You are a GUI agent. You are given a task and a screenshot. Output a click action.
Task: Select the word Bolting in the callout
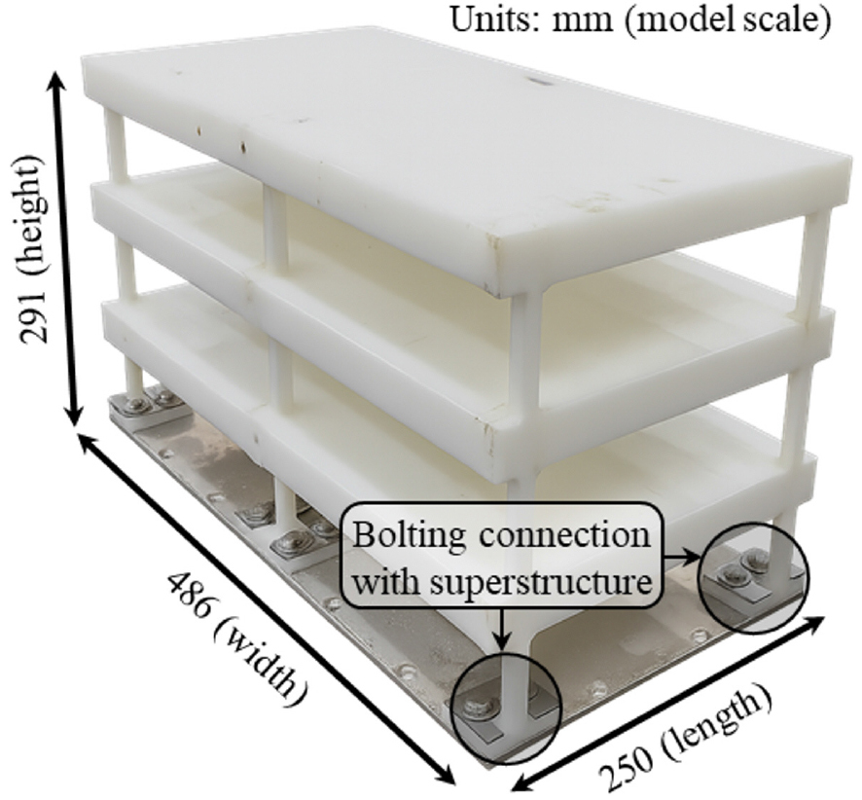pyautogui.click(x=409, y=536)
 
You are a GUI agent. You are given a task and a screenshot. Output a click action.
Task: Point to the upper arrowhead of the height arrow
pyautogui.click(x=63, y=83)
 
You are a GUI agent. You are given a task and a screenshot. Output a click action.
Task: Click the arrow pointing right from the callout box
pyautogui.click(x=681, y=557)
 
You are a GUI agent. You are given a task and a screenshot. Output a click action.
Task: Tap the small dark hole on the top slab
pyautogui.click(x=538, y=83)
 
